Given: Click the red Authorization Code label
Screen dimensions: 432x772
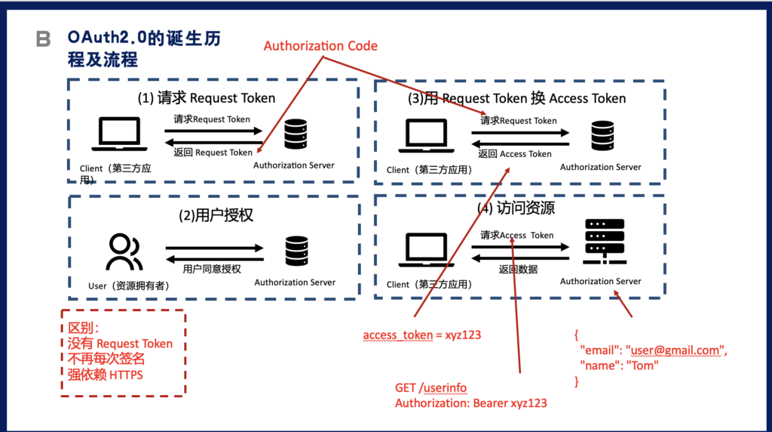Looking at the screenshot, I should click(320, 46).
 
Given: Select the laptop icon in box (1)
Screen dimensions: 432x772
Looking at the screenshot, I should click(118, 135).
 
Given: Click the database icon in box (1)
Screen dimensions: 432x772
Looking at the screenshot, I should click(296, 137).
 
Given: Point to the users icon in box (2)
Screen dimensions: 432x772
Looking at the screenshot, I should click(124, 252).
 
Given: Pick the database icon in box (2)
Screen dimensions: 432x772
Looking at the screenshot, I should click(296, 251).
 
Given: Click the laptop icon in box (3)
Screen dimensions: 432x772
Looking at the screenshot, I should click(427, 137).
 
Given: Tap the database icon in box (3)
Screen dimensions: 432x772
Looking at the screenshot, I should click(602, 137).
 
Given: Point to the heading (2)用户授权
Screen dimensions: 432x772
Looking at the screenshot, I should click(216, 215).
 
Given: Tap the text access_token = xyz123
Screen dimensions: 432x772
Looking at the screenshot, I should click(421, 335).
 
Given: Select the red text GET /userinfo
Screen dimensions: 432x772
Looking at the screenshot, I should click(430, 387).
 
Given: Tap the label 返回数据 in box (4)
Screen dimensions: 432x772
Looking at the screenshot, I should click(518, 269).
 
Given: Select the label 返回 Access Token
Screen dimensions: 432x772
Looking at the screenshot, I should click(515, 154).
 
